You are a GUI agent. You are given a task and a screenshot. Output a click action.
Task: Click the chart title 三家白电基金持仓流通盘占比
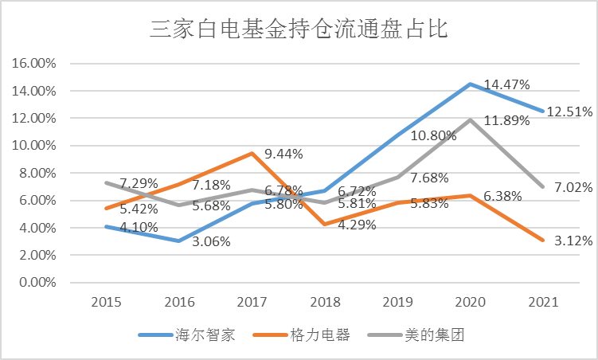pos(299,30)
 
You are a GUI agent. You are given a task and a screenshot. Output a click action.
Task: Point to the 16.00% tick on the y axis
pos(33,64)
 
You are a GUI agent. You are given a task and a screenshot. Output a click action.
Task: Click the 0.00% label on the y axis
pos(36,283)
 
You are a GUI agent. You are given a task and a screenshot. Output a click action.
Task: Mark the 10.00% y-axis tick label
pos(33,146)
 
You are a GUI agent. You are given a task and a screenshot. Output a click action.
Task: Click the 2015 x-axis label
pos(106,303)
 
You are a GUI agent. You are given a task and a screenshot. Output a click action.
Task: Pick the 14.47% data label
pos(507,84)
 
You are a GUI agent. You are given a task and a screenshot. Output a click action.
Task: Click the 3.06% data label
pos(210,241)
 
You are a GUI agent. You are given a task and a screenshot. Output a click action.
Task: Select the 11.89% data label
pos(507,121)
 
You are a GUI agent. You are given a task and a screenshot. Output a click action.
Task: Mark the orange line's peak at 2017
pos(252,153)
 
